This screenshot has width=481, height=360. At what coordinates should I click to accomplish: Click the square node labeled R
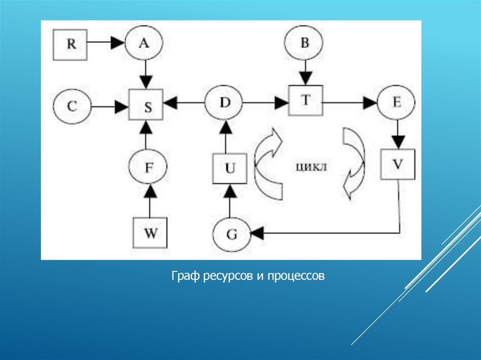(x=70, y=44)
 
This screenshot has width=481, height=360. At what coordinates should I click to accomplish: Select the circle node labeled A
(x=144, y=44)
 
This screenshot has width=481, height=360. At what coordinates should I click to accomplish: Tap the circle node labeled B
(x=304, y=44)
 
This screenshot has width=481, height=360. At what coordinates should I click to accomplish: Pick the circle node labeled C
(x=72, y=107)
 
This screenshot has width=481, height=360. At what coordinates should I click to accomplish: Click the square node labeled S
(x=147, y=107)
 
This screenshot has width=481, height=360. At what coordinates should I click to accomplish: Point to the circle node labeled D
(x=224, y=101)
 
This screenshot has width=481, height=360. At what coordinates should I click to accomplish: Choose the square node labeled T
(x=305, y=100)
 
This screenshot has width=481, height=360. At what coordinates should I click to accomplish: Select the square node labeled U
(x=229, y=169)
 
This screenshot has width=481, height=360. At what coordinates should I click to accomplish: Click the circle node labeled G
(x=232, y=234)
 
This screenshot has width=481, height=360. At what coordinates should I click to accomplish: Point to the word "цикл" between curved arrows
(x=311, y=167)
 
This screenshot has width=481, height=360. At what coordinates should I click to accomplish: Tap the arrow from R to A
(x=106, y=43)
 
